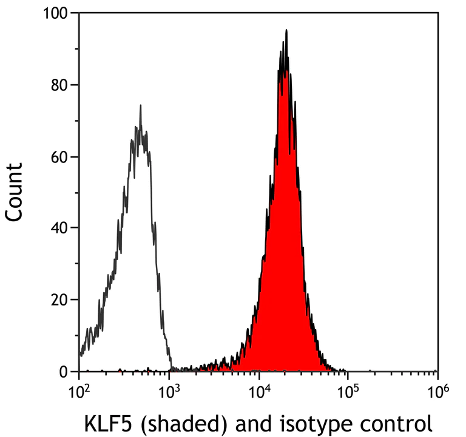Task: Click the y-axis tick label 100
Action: [x=56, y=13]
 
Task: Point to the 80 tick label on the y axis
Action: [x=59, y=84]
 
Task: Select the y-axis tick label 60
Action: [x=59, y=156]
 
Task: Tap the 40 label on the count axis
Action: [x=59, y=228]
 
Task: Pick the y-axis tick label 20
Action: [x=59, y=299]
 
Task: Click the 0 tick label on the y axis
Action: [x=64, y=371]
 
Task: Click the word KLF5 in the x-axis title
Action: [x=106, y=421]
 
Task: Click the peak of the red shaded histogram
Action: [x=286, y=30]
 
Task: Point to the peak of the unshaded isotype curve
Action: [x=140, y=106]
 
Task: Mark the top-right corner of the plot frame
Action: [x=437, y=13]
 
